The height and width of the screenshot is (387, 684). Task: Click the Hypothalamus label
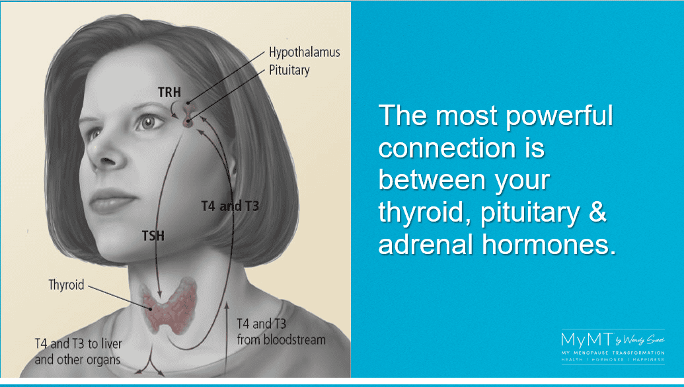[304, 53]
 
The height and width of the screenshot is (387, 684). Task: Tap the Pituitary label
[289, 70]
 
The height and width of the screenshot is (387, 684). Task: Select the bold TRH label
[169, 93]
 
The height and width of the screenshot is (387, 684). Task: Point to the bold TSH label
[153, 236]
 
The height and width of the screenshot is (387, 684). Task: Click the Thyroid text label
[66, 284]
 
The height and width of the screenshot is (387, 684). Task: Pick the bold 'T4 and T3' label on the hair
[231, 206]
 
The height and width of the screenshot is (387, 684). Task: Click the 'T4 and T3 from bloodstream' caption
[281, 331]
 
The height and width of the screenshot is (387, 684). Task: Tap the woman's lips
[111, 200]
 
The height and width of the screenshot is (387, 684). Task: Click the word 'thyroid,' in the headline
[426, 213]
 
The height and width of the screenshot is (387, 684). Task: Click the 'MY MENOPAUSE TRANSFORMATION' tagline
[613, 353]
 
